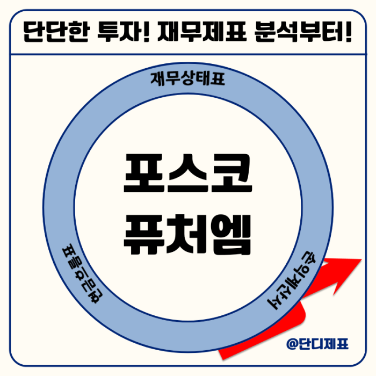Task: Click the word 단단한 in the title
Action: (57, 32)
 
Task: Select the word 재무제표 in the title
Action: (202, 32)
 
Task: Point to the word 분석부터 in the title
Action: (299, 32)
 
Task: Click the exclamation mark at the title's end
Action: (349, 32)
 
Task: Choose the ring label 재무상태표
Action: (188, 78)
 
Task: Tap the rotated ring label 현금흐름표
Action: (82, 274)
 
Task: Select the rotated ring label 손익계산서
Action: (292, 280)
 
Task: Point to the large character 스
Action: (187, 173)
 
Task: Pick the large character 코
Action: (232, 173)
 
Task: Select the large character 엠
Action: (232, 234)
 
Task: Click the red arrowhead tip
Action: (361, 259)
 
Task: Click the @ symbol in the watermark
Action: (292, 344)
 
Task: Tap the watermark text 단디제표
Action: (323, 344)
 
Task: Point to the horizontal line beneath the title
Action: (189, 54)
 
